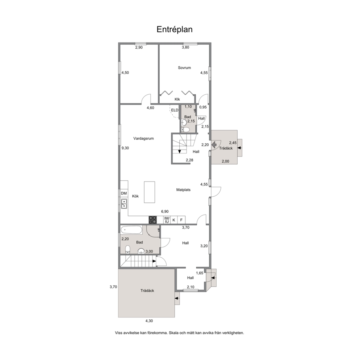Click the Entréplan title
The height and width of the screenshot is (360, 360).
click(175, 30)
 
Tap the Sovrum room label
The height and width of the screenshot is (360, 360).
click(184, 68)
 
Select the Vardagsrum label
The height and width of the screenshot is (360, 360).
click(143, 138)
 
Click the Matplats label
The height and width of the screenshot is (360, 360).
click(183, 190)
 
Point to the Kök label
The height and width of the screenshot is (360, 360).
click(135, 196)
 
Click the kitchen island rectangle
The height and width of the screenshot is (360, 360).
click(150, 192)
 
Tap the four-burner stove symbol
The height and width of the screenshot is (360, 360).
click(153, 220)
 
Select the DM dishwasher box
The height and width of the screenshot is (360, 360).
click(124, 193)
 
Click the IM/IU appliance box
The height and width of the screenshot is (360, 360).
click(167, 220)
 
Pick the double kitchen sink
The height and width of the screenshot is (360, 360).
click(124, 204)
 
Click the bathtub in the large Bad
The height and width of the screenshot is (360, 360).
click(132, 230)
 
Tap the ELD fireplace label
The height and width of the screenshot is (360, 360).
click(175, 110)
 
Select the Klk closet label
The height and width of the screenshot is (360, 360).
click(177, 99)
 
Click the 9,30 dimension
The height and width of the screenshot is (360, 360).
click(125, 148)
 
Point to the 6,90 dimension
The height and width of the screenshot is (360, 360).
click(165, 212)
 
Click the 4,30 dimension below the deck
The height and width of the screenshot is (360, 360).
click(149, 321)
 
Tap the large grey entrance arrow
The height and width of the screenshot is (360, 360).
click(214, 145)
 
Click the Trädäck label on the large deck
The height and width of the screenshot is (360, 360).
click(147, 291)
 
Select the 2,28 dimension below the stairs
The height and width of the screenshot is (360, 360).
click(189, 160)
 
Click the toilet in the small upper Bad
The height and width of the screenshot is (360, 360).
click(185, 130)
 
